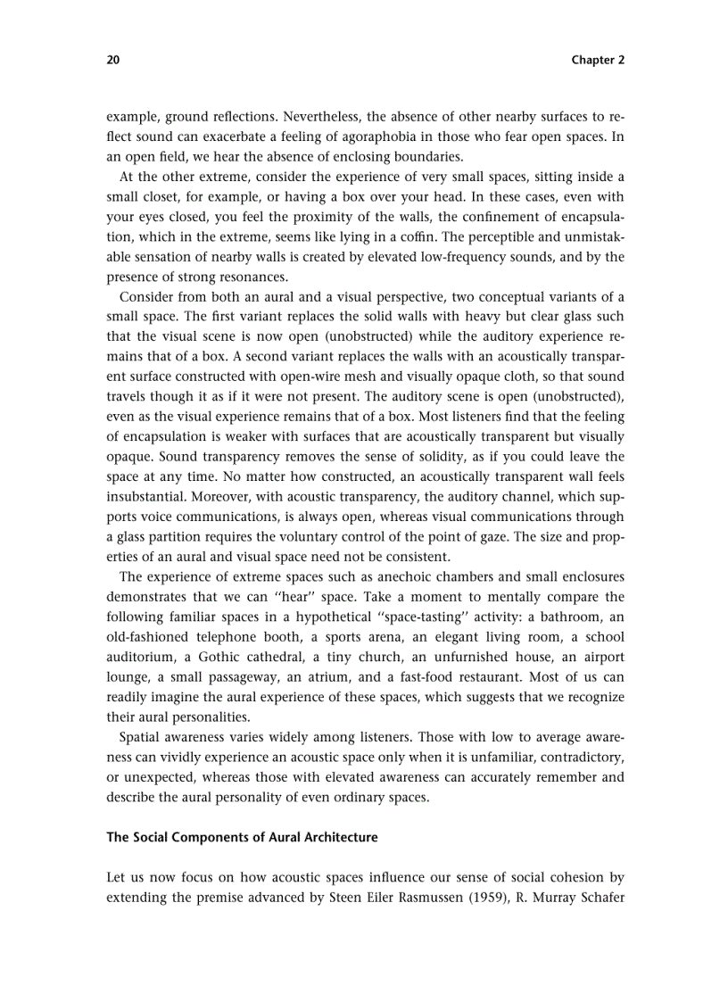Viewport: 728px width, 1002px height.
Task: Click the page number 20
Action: [x=112, y=60]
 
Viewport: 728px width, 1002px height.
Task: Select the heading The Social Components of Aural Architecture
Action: [x=242, y=837]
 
